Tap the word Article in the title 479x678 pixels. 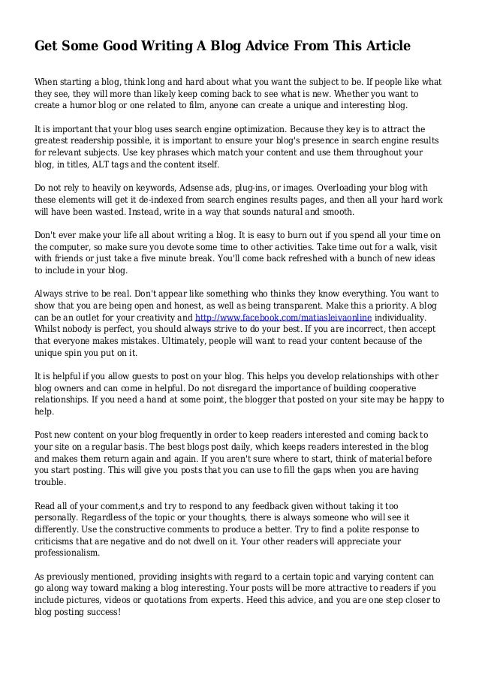[382, 47]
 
